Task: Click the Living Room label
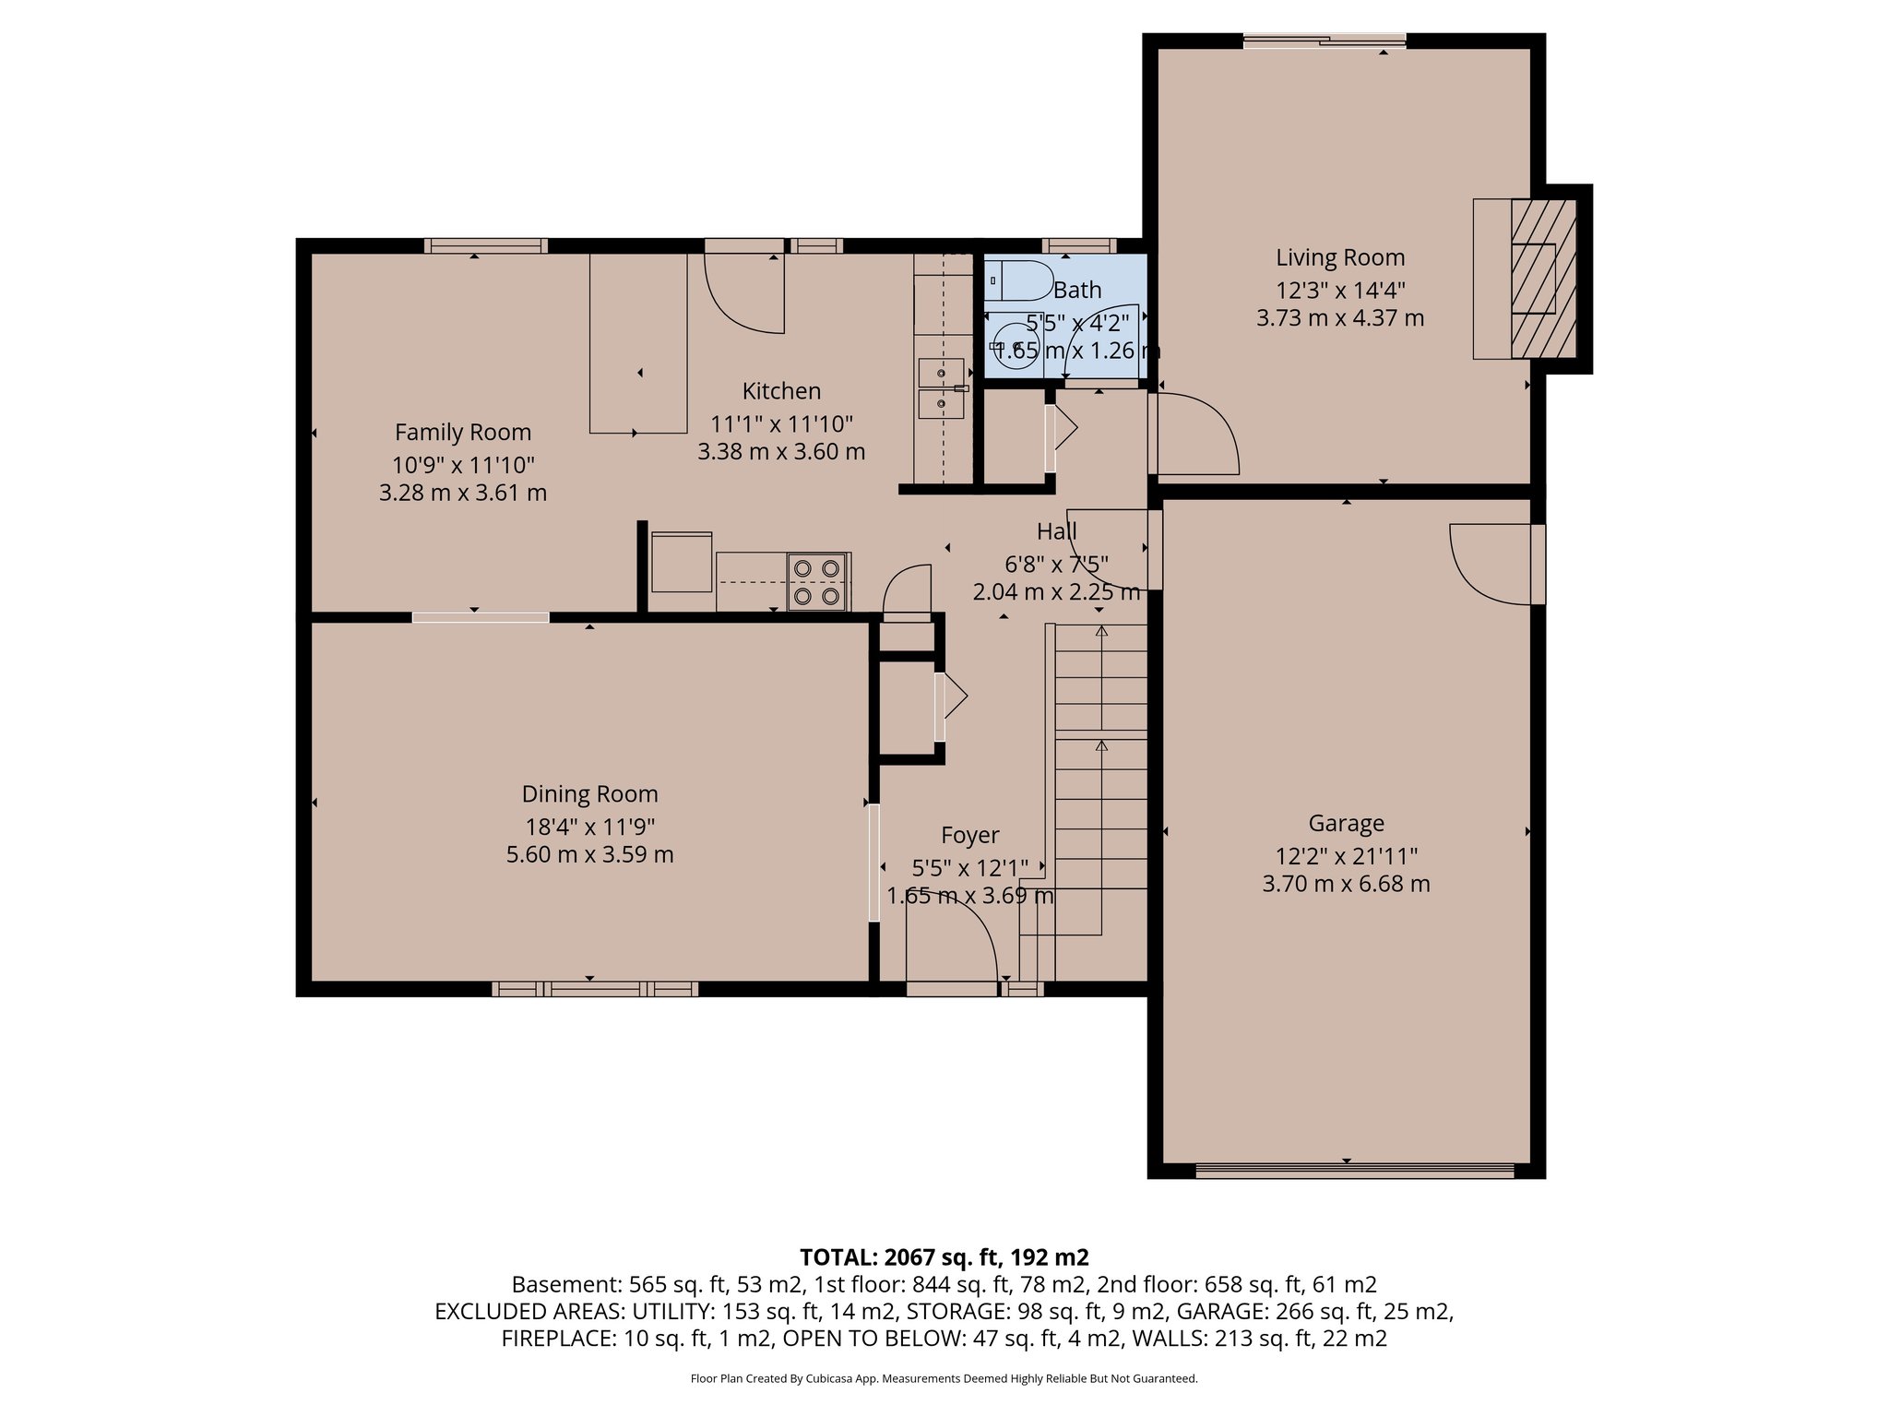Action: pyautogui.click(x=1339, y=258)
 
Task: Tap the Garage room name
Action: pyautogui.click(x=1346, y=823)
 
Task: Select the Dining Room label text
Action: pyautogui.click(x=589, y=794)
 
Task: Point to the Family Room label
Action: pyautogui.click(x=463, y=432)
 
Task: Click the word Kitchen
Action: pyautogui.click(x=781, y=391)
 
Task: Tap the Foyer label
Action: pyautogui.click(x=969, y=835)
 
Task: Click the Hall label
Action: pyautogui.click(x=1056, y=531)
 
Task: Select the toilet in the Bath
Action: pyautogui.click(x=1020, y=280)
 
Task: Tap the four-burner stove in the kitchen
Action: pyautogui.click(x=818, y=582)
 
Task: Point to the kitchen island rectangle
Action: pyautogui.click(x=638, y=343)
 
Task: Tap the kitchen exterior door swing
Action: pyautogui.click(x=745, y=292)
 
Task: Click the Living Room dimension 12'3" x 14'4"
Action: pyautogui.click(x=1339, y=290)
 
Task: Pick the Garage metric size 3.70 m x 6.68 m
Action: pyautogui.click(x=1346, y=884)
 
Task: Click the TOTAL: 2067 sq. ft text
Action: pyautogui.click(x=944, y=1256)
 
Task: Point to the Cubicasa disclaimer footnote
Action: pyautogui.click(x=944, y=1379)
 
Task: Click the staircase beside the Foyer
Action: pyautogui.click(x=1100, y=784)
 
